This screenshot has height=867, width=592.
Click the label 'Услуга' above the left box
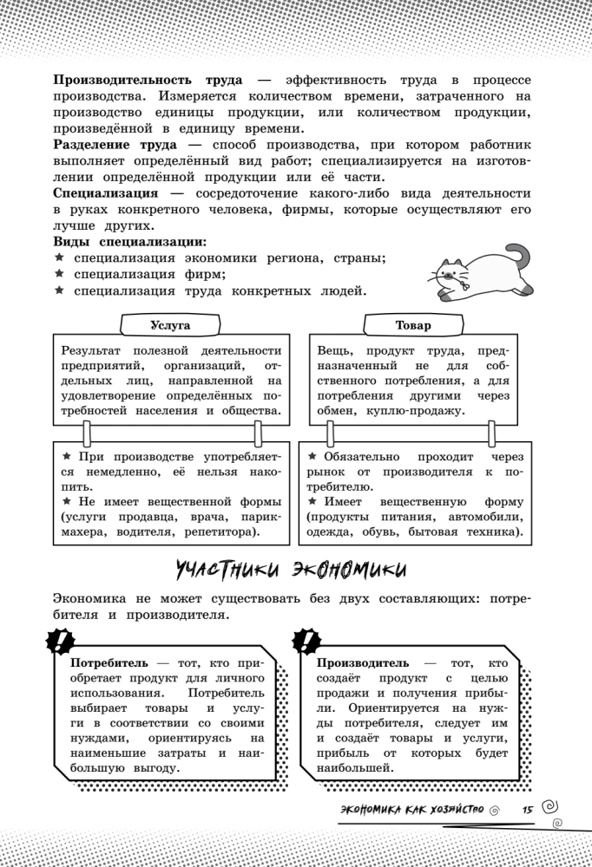coord(169,325)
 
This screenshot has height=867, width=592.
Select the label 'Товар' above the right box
coord(413,325)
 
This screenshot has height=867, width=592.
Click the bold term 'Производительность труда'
coord(148,78)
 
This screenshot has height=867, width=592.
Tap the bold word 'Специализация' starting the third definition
coord(105,192)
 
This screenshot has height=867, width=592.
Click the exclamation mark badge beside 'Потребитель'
coord(59,642)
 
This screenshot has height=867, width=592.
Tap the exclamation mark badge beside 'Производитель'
coord(306,642)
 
